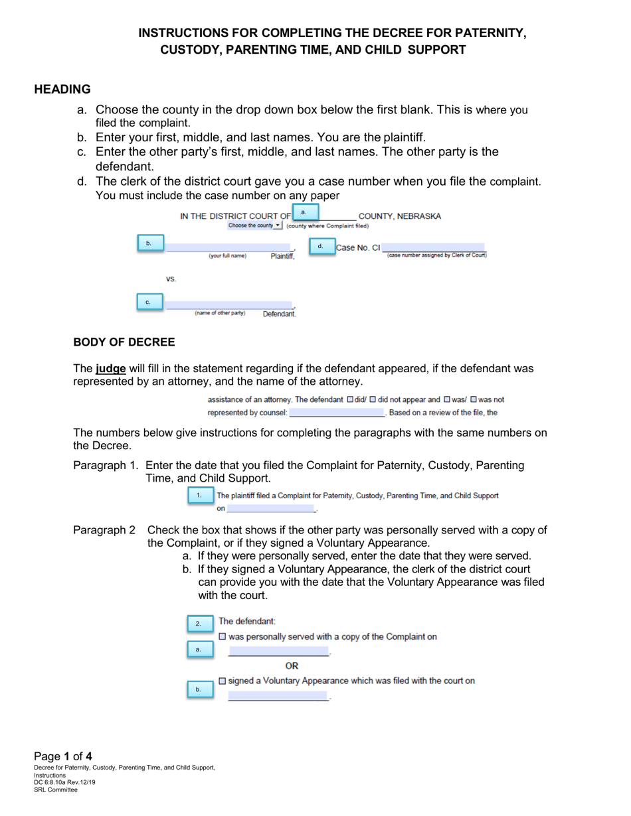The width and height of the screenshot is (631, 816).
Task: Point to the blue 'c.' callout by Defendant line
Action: pos(148,302)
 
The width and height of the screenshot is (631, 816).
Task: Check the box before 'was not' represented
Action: pos(474,400)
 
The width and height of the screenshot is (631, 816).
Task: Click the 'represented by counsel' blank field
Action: pos(337,413)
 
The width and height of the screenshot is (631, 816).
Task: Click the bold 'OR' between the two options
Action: pos(292,665)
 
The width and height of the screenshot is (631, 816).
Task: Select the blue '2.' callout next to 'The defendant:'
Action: pos(198,624)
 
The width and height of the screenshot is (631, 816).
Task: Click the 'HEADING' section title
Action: pos(62,89)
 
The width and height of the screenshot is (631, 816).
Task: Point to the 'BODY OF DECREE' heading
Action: pos(124,342)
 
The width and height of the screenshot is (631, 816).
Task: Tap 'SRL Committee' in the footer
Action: pos(56,789)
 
